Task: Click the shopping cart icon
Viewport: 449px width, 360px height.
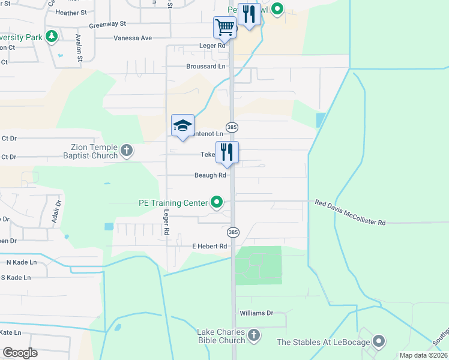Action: click(224, 26)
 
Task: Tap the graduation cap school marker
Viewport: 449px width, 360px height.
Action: click(182, 125)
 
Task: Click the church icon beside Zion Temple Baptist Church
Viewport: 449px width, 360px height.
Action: click(127, 151)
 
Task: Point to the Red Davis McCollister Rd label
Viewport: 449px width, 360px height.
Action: click(351, 213)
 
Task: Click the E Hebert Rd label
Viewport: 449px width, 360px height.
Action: click(209, 246)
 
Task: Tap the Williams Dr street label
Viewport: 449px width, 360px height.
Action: click(256, 313)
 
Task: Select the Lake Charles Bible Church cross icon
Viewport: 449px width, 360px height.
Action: click(254, 335)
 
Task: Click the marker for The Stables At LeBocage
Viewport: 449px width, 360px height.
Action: click(378, 342)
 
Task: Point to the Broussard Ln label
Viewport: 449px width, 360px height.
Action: click(205, 67)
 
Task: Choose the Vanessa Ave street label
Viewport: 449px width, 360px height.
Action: click(133, 38)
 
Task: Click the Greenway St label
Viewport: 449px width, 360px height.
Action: click(107, 25)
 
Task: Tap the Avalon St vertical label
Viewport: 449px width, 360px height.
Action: click(79, 47)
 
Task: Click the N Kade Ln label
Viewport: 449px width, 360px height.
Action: click(22, 262)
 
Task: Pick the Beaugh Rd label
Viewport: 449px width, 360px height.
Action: click(209, 176)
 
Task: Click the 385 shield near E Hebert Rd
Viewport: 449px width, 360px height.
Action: click(234, 232)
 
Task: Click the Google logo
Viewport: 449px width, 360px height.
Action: click(20, 353)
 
